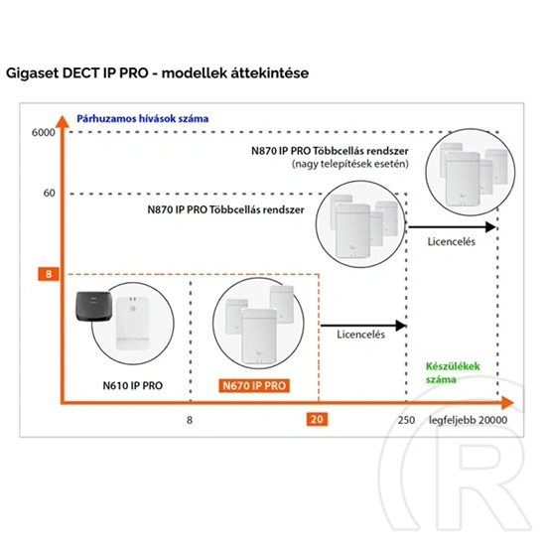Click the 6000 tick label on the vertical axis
(44, 132)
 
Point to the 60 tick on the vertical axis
(50, 193)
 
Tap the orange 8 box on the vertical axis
(49, 274)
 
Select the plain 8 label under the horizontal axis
(190, 420)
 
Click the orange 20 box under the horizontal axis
(317, 419)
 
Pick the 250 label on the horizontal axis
(406, 420)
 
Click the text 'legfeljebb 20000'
(468, 420)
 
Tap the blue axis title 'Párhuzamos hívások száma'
(143, 119)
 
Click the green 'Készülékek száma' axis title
(453, 373)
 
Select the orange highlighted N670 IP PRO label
(254, 386)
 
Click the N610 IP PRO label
(132, 385)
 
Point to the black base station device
(93, 307)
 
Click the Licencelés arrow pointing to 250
(363, 326)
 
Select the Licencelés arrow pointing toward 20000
(453, 226)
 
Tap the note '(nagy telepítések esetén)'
(350, 164)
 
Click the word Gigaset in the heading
(32, 73)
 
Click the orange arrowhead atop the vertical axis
(63, 121)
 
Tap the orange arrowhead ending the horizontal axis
(507, 403)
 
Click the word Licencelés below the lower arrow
(361, 335)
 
